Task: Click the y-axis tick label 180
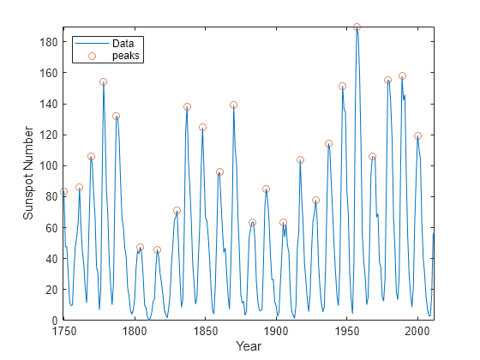coord(49,42)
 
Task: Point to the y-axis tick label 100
coord(49,165)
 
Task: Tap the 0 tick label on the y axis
coord(55,321)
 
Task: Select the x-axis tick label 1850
coord(205,331)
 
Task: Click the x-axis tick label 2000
coord(417,331)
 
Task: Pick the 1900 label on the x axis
coord(276,331)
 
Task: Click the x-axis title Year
coord(249,346)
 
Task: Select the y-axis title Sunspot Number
coord(27,173)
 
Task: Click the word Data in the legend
coord(123,44)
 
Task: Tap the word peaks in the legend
coord(126,56)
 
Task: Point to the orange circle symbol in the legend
coord(93,56)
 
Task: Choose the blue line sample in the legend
coord(93,44)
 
